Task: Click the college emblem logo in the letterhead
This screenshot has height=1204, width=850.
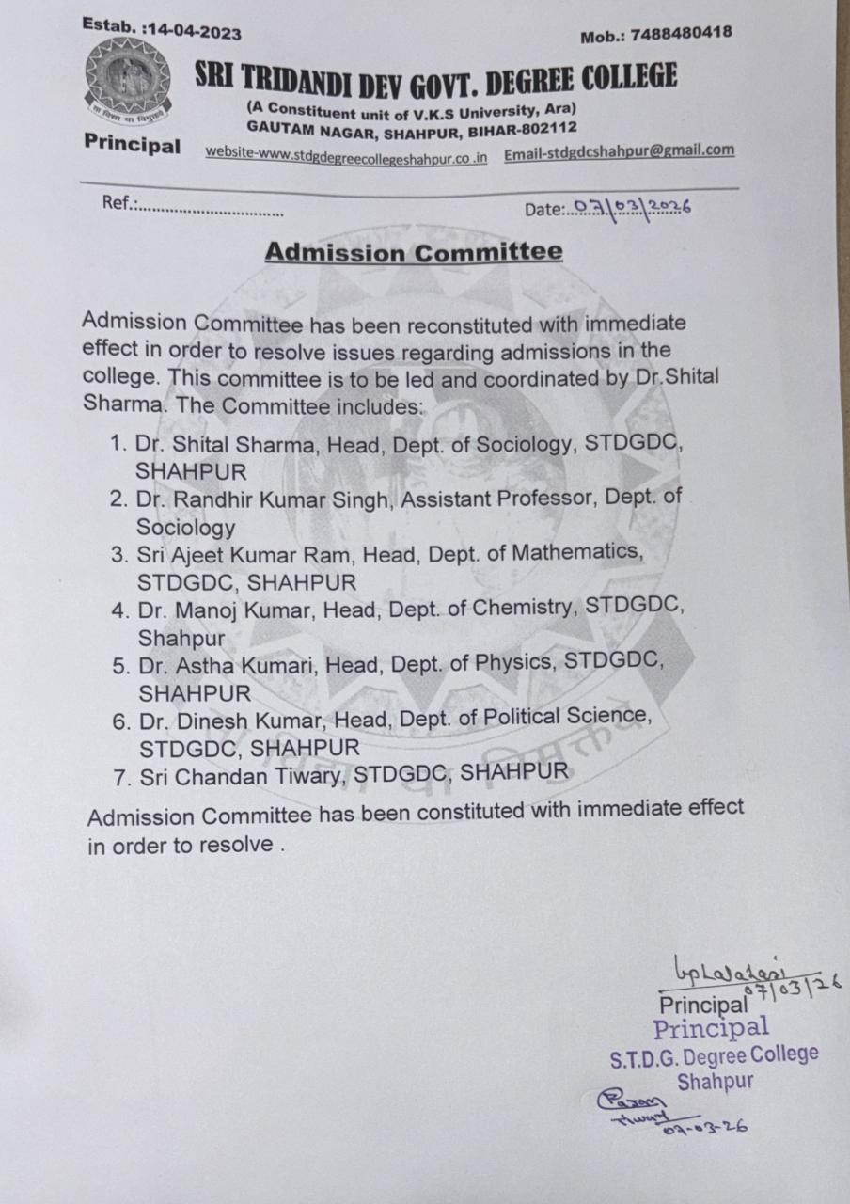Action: [x=129, y=82]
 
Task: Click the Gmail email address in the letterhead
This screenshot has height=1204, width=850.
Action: [x=619, y=150]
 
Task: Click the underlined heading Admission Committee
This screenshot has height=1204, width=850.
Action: [x=414, y=252]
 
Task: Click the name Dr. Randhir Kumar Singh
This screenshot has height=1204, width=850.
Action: [x=261, y=499]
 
